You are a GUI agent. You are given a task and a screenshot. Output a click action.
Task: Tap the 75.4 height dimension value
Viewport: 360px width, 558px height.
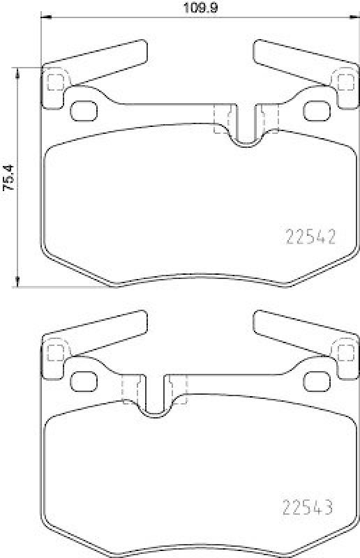click(x=8, y=176)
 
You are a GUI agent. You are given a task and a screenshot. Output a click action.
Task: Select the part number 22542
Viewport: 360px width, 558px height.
click(x=311, y=237)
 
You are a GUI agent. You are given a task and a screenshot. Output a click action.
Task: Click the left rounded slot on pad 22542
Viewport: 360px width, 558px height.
click(x=84, y=110)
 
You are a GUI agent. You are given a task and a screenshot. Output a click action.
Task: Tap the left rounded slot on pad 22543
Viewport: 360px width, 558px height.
click(x=84, y=381)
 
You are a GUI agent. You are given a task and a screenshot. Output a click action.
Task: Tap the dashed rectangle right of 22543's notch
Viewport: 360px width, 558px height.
click(x=178, y=390)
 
